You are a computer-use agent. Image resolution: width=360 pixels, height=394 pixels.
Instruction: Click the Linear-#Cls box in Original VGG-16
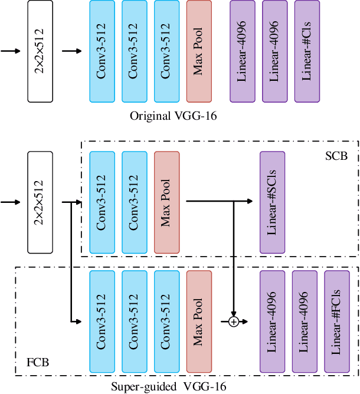pos(307,51)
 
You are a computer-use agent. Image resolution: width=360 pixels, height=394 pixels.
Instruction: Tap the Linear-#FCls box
pos(336,321)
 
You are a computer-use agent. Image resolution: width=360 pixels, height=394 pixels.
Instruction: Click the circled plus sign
pos(234,321)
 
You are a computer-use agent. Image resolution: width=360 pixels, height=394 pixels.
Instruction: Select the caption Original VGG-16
pos(174,116)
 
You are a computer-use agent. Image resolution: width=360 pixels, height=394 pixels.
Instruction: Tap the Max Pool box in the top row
pos(199,51)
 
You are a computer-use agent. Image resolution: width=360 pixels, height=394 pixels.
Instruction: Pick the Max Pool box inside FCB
pos(199,321)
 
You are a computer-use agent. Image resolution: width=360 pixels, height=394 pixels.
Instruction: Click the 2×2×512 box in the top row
pos(40,51)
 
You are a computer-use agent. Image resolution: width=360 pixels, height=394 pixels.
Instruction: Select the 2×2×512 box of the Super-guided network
pos(40,202)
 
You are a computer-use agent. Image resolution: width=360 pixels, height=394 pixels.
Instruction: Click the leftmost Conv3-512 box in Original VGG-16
pos(102,51)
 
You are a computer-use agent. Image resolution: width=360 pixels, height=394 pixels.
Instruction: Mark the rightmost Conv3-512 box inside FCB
pos(166,321)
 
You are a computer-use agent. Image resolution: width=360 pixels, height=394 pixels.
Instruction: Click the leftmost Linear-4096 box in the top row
pos(243,51)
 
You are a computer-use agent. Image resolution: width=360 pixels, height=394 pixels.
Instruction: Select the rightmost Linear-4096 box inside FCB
pos(305,321)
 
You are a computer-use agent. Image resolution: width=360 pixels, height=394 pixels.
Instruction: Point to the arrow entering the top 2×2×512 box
pos(11,51)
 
